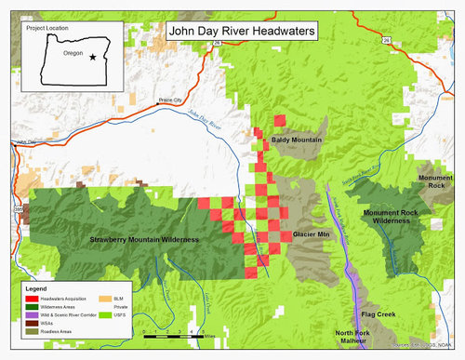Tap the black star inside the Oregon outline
pyautogui.click(x=92, y=57)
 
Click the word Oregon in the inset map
pyautogui.click(x=73, y=53)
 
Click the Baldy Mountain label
pyautogui.click(x=297, y=140)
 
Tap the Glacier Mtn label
pyautogui.click(x=312, y=234)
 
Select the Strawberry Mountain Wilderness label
pyautogui.click(x=144, y=240)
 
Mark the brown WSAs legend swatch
pyautogui.click(x=31, y=322)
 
